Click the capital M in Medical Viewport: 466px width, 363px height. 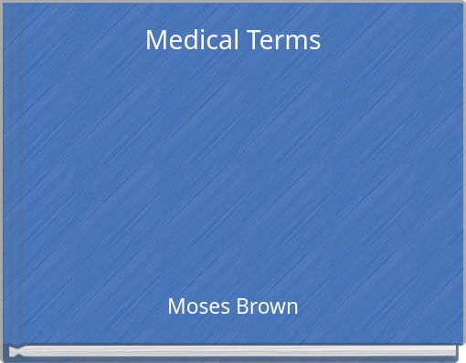pos(156,40)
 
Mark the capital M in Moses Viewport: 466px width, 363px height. pos(175,306)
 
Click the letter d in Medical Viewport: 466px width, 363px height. pos(188,40)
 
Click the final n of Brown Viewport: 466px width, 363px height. pos(291,308)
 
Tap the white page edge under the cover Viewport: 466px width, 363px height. pos(228,350)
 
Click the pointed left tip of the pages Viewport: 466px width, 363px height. pos(10,350)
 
